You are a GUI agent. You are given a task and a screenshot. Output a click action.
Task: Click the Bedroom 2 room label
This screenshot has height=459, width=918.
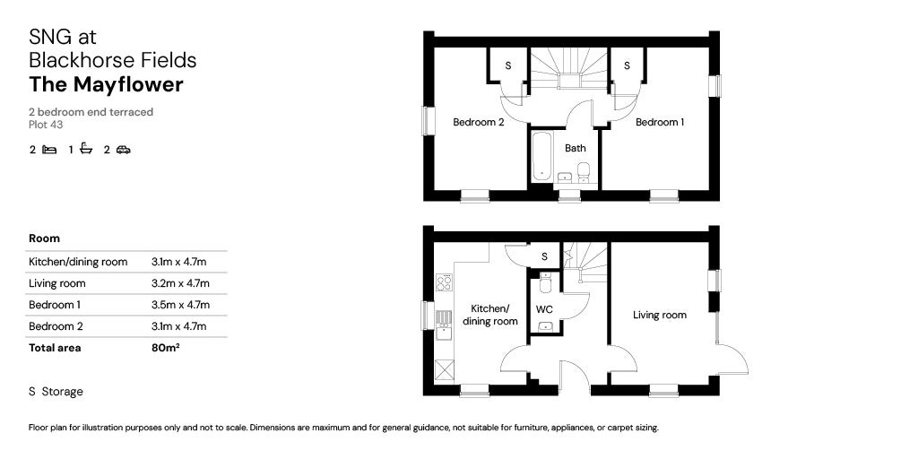478,123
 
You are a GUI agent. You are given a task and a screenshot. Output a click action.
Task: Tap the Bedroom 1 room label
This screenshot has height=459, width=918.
660,123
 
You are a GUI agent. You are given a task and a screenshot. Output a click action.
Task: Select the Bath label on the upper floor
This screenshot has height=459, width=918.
575,149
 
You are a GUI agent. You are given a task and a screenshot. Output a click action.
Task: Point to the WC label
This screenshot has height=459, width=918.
544,309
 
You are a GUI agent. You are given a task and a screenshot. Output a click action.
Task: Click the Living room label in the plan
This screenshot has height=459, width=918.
659,315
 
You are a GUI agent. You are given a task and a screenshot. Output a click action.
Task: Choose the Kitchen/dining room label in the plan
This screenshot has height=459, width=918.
489,315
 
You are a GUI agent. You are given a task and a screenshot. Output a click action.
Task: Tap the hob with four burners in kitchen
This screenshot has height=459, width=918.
443,282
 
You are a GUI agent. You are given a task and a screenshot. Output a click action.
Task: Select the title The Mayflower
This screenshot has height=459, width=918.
106,85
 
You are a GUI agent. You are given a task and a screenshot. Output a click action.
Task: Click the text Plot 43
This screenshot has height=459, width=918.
46,125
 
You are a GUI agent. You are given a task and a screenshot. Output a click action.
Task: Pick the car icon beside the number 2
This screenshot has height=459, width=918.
123,150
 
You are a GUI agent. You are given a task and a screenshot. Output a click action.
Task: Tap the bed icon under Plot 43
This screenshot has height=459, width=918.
49,150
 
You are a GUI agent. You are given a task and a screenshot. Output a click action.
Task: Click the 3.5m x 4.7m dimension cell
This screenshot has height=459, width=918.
179,305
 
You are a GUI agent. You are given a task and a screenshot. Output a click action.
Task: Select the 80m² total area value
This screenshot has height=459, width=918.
166,348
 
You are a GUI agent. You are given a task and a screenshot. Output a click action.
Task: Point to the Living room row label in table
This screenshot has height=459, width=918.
56,283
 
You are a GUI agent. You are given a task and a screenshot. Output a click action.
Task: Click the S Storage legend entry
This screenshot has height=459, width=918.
56,392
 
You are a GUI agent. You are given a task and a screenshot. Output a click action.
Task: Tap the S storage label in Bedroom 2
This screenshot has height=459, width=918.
508,66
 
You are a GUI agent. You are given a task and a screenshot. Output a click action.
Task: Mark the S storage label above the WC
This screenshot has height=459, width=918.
544,257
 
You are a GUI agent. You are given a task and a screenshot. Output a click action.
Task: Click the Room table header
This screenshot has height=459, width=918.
44,238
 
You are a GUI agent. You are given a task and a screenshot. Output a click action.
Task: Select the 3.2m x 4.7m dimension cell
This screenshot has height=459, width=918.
179,283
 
